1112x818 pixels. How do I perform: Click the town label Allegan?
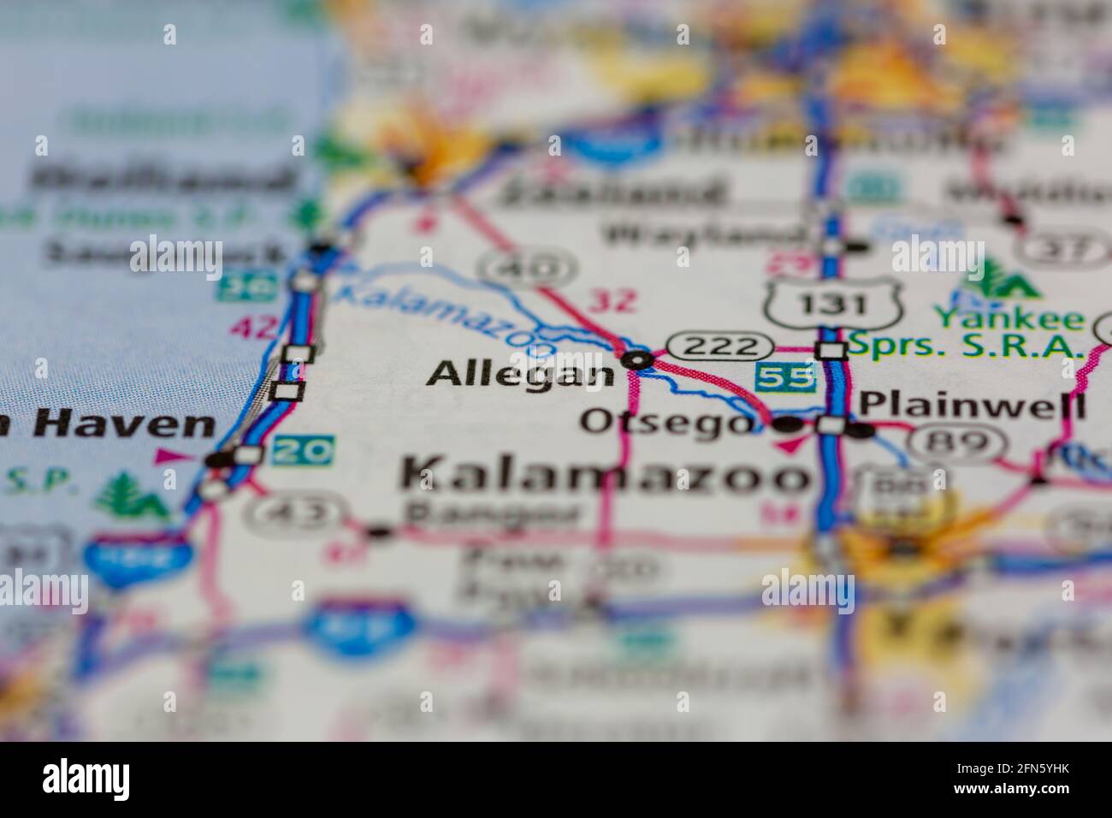521,374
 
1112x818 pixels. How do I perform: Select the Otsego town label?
668,422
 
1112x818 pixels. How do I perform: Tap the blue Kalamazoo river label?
445,317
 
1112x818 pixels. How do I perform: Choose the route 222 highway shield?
715,346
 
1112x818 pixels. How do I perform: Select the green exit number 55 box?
785,377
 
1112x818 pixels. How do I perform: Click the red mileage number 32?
613,300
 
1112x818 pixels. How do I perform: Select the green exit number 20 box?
304,451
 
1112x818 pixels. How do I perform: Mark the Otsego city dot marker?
788,424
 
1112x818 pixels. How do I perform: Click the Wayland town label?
702,232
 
